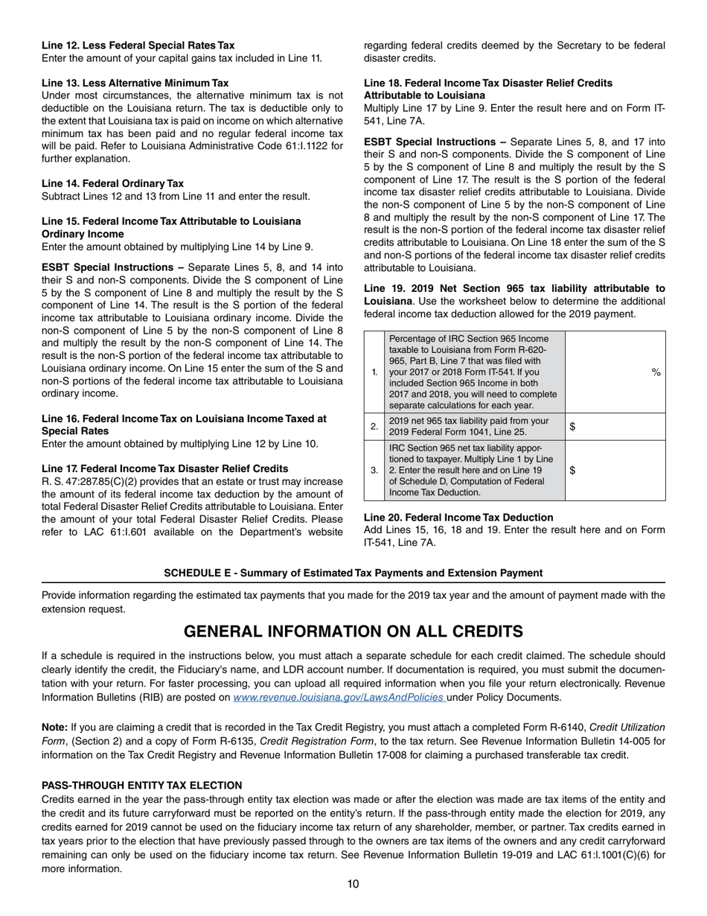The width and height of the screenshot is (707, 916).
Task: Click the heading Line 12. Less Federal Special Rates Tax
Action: (138, 45)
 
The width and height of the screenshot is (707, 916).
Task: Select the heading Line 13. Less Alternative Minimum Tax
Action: (135, 83)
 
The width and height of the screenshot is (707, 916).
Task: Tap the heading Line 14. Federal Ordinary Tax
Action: (112, 183)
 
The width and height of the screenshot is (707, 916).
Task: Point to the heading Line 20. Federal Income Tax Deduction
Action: (458, 517)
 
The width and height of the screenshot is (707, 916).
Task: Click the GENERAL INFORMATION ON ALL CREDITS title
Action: (353, 632)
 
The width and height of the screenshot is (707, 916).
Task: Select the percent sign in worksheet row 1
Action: (656, 372)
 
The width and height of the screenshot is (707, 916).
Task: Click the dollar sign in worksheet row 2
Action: (572, 427)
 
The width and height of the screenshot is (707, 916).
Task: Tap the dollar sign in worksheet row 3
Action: (572, 471)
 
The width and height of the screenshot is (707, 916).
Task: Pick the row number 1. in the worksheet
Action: (374, 372)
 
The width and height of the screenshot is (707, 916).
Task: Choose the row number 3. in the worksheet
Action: (374, 471)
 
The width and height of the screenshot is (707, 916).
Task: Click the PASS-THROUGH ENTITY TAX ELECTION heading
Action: (141, 785)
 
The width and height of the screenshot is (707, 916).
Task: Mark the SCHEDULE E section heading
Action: (353, 573)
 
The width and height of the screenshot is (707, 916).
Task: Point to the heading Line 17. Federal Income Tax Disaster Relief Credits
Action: (164, 468)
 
